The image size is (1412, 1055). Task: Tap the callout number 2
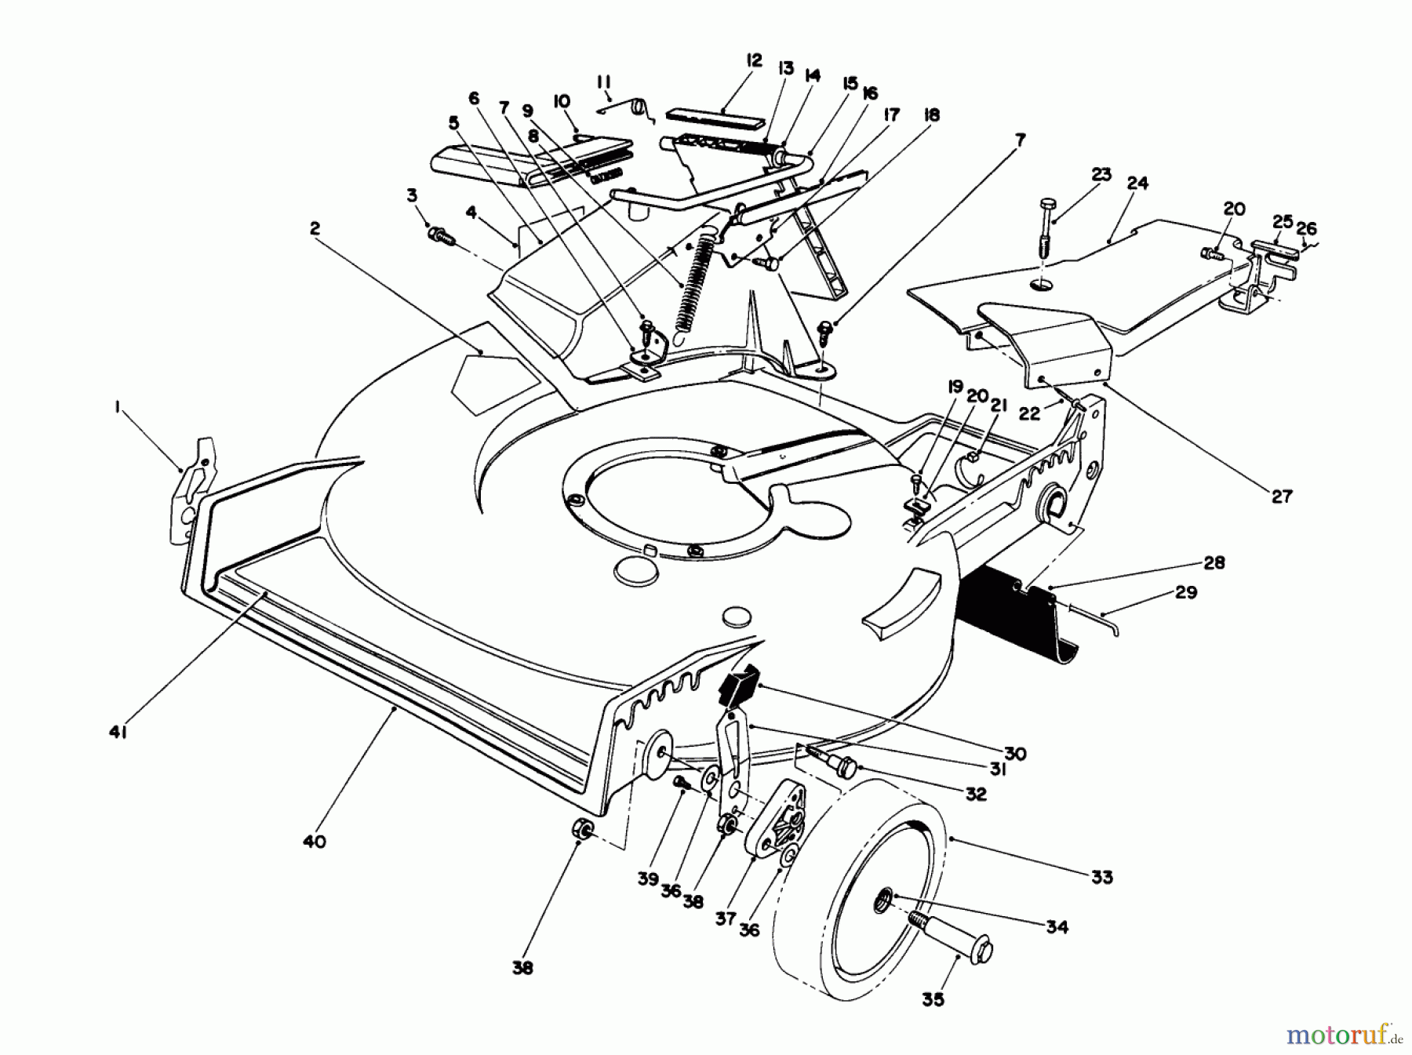315,228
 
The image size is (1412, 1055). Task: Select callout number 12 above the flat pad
754,60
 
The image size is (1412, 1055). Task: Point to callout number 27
1282,496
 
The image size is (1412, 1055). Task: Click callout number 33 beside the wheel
1101,877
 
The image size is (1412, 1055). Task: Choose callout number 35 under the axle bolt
933,999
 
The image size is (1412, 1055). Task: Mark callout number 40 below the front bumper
314,842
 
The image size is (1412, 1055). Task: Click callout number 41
118,732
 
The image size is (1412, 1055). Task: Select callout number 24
1137,183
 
